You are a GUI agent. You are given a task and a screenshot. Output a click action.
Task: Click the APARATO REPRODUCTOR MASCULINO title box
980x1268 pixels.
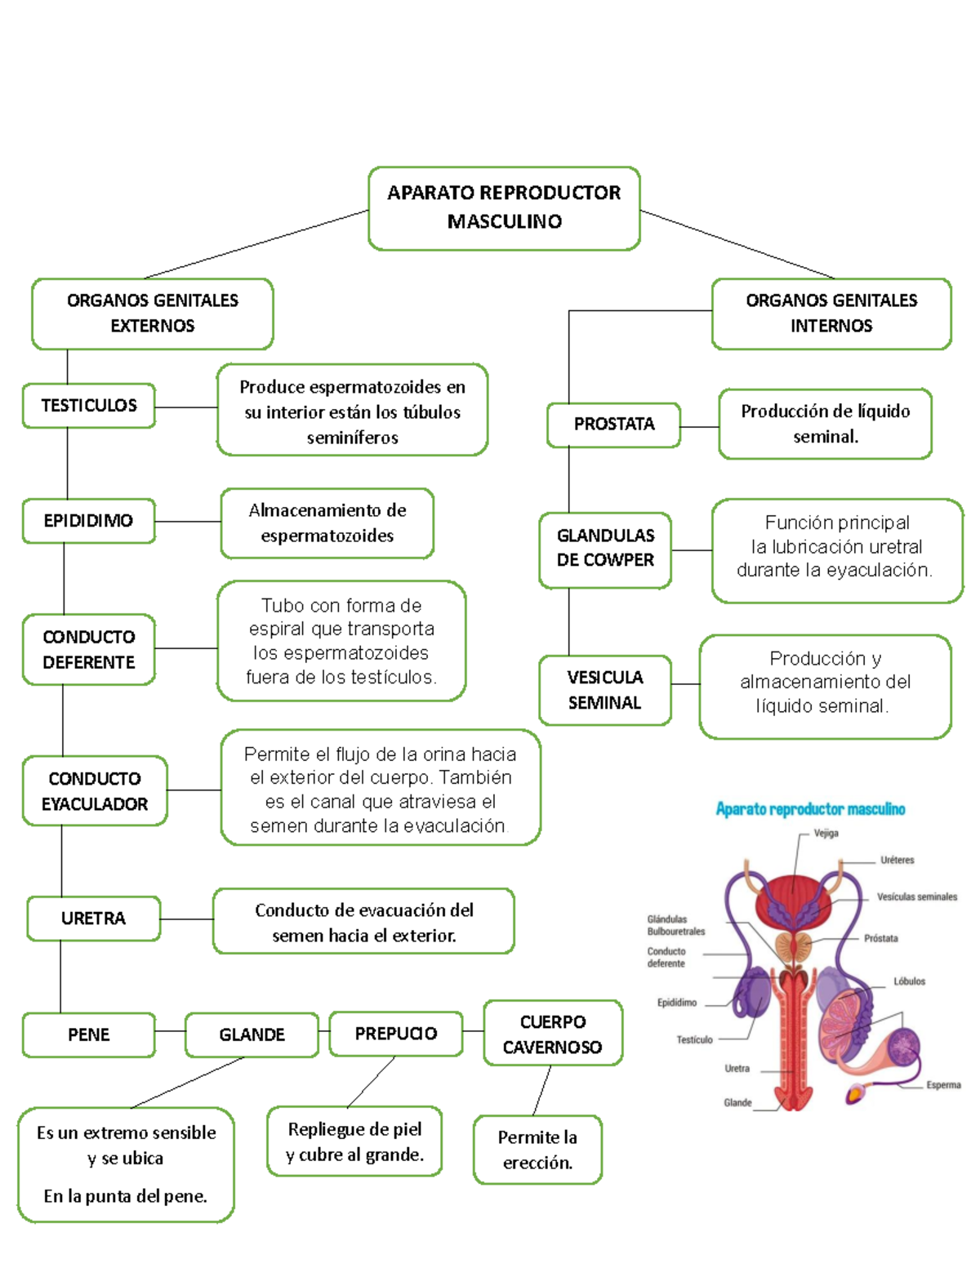[x=504, y=208]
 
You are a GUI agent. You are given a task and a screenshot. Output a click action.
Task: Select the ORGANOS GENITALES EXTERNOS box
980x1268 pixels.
[x=153, y=314]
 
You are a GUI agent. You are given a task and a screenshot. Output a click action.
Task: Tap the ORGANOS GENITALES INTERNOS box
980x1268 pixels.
[x=831, y=314]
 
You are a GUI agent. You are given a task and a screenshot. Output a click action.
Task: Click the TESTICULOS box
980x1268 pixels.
[x=89, y=406]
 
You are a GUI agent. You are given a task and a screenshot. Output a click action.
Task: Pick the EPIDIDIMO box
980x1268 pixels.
[x=88, y=521]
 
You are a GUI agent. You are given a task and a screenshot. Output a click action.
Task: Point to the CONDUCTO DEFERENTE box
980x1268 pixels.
[x=89, y=649]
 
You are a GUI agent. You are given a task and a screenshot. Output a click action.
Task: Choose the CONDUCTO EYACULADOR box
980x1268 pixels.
[x=95, y=791]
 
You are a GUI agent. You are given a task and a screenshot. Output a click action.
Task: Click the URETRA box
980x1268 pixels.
[x=94, y=919]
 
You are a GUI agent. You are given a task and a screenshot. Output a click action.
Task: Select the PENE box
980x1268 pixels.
[x=89, y=1034]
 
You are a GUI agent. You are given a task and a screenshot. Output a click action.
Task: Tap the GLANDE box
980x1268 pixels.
[x=252, y=1034]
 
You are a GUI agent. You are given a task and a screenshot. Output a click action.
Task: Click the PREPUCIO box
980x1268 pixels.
[x=396, y=1034]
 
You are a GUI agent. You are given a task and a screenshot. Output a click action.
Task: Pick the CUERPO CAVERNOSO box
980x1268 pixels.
[x=553, y=1034]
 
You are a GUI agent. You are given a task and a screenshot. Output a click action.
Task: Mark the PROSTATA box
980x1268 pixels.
[x=614, y=425]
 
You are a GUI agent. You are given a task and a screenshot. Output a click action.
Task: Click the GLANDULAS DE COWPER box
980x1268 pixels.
[x=605, y=549]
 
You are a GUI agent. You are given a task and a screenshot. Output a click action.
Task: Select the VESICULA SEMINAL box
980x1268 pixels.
[x=605, y=690]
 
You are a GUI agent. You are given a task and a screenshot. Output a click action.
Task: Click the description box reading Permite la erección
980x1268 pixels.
[x=537, y=1150]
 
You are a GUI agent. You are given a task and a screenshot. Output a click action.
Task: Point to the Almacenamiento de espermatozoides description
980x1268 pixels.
[x=327, y=523]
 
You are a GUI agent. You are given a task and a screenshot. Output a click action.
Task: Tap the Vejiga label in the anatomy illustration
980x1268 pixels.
[x=826, y=834]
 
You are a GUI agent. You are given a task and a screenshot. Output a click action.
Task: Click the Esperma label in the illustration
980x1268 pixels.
[x=943, y=1085]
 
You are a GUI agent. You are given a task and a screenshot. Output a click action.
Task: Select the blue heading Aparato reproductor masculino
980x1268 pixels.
[x=810, y=809]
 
